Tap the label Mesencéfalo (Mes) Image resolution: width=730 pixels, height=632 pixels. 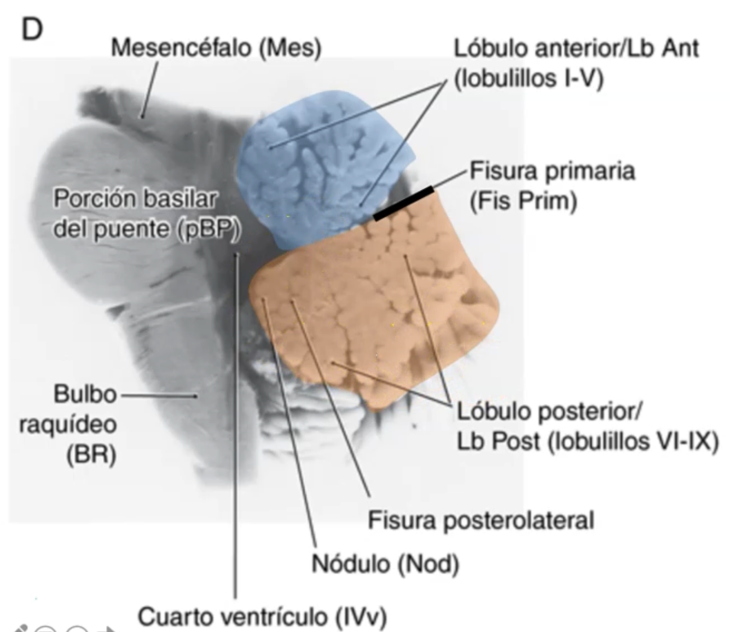216,48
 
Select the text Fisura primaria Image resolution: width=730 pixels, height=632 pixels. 552,171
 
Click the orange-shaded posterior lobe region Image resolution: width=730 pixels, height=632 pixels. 372,307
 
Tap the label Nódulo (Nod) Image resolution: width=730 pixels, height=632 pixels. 385,563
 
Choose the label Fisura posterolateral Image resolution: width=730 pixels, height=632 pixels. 480,520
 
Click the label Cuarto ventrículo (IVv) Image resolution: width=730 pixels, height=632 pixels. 262,617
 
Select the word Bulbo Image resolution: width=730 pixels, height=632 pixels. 85,394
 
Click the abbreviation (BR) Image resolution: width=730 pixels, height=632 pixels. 91,455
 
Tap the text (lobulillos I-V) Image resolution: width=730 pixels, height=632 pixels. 529,79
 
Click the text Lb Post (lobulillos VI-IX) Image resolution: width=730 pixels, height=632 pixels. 587,441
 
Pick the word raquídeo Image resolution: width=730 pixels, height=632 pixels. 68,424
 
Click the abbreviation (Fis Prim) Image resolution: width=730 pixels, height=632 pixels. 523,202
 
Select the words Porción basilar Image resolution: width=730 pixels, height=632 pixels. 135,199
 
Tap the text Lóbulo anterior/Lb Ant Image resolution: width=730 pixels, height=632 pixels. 576,48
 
